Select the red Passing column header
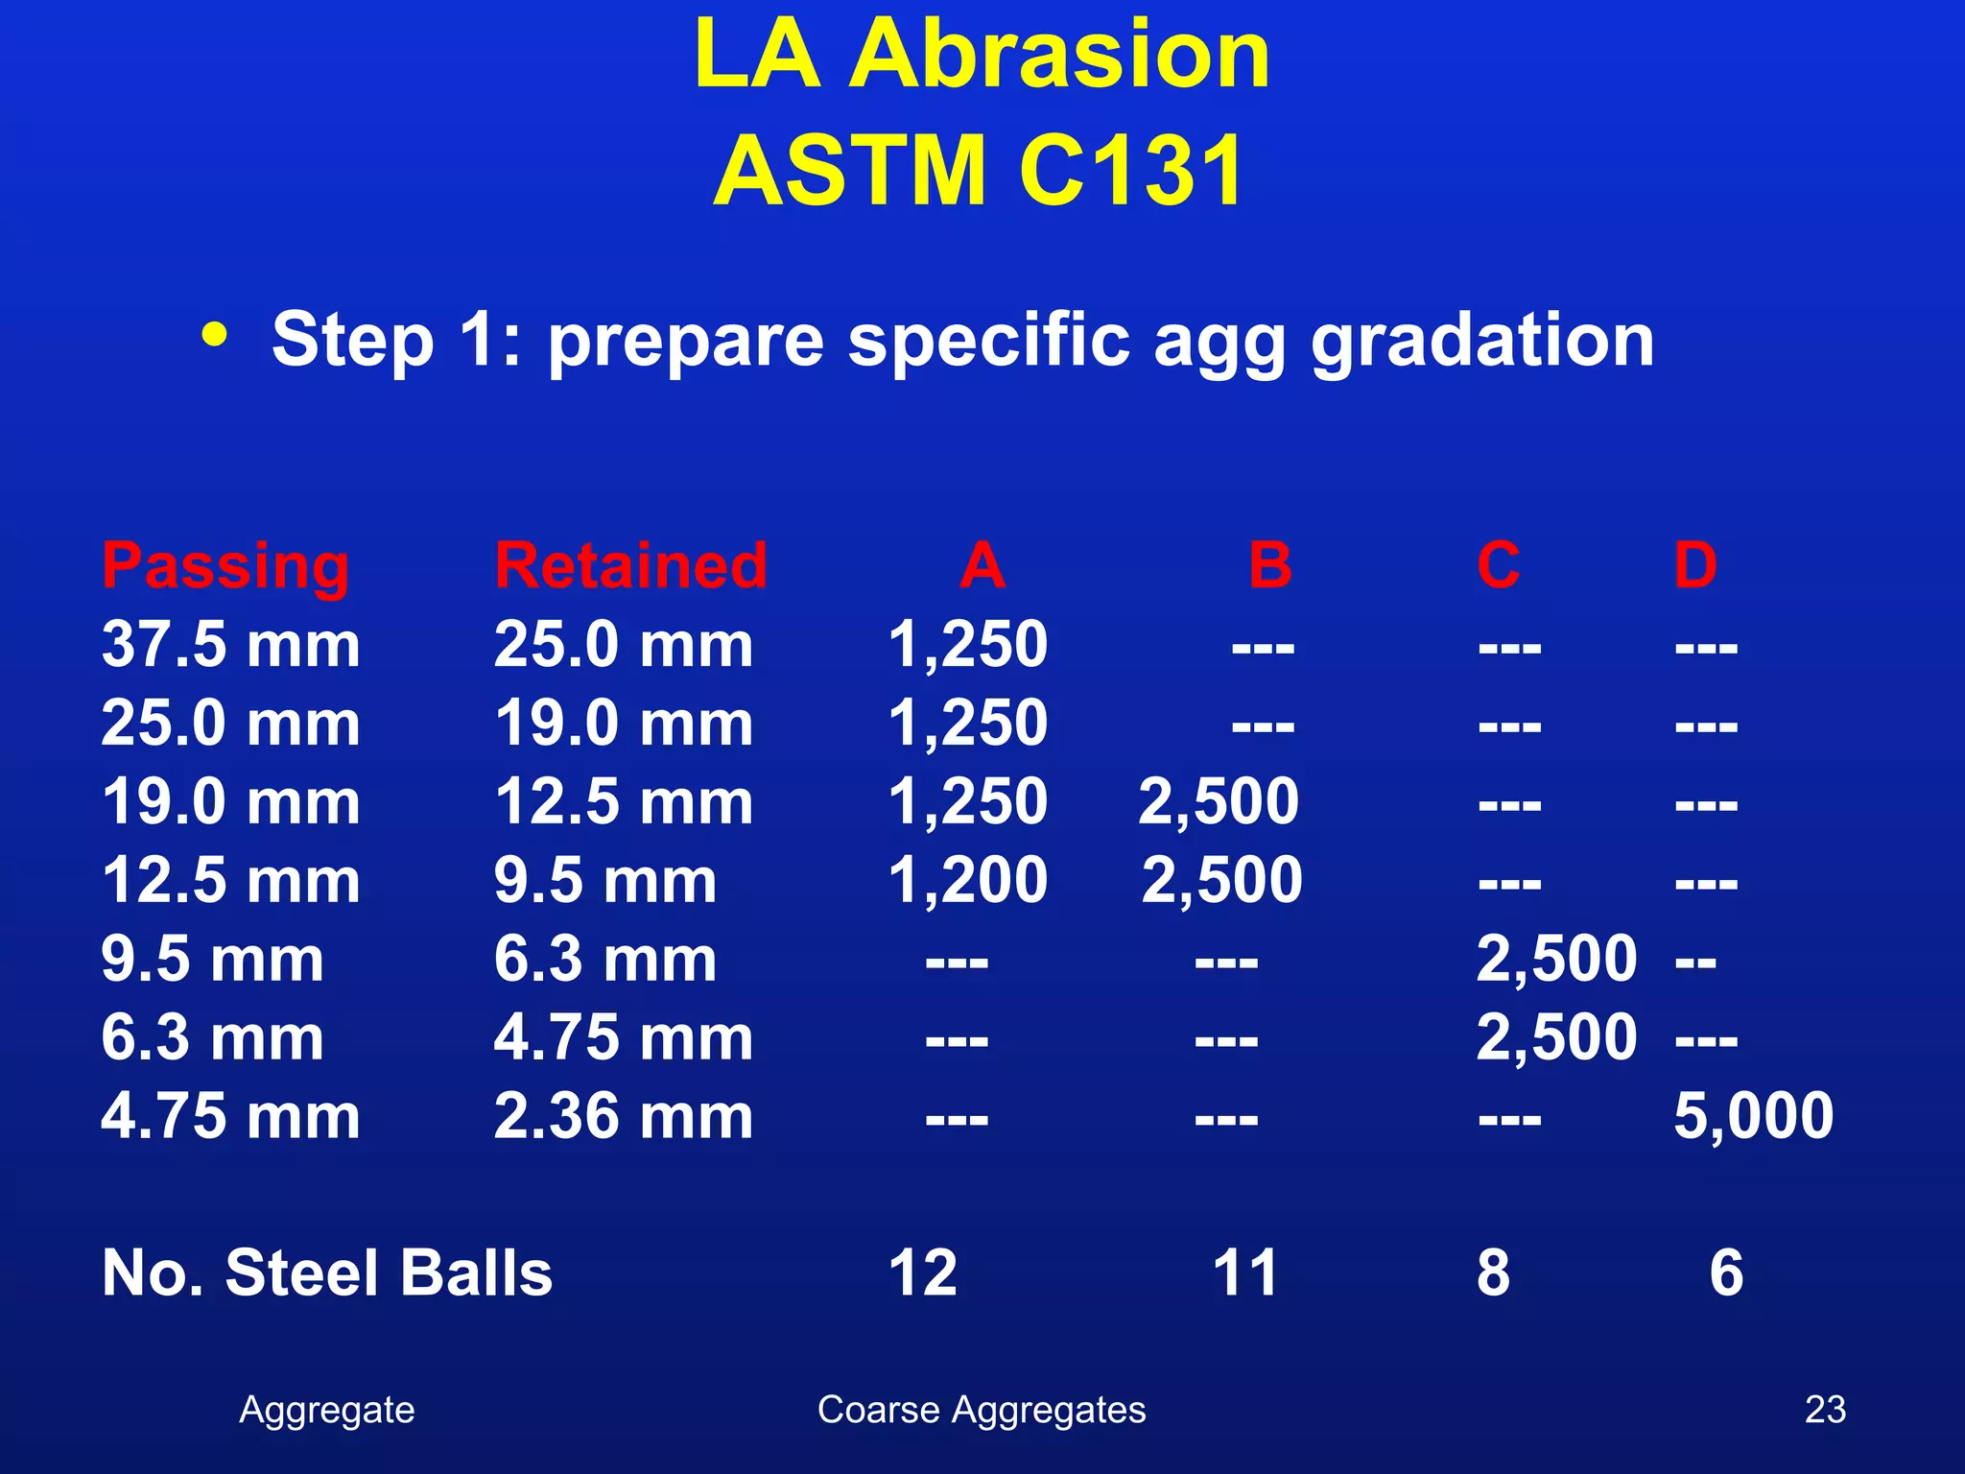(x=225, y=566)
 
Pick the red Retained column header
(x=630, y=565)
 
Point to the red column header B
(x=1270, y=565)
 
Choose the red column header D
(x=1694, y=565)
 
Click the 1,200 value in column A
(x=967, y=880)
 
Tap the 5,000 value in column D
(x=1753, y=1116)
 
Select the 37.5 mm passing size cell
(x=230, y=644)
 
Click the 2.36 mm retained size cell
(x=623, y=1116)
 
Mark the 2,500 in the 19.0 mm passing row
(x=1219, y=801)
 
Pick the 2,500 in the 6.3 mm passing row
(x=1555, y=1037)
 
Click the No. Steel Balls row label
(x=327, y=1273)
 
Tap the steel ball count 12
(x=922, y=1273)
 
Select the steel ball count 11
(x=1244, y=1273)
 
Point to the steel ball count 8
(x=1493, y=1273)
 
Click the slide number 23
(x=1824, y=1410)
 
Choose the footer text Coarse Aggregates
(x=981, y=1410)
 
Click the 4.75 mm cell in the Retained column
(x=623, y=1037)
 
